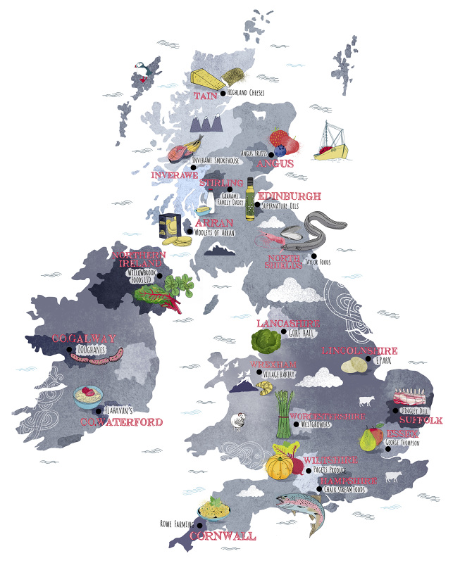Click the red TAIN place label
[x=206, y=95]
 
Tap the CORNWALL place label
[x=223, y=536]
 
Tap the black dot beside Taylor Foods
[x=315, y=255]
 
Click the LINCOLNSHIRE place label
[x=359, y=350]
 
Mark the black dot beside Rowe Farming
[x=200, y=524]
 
